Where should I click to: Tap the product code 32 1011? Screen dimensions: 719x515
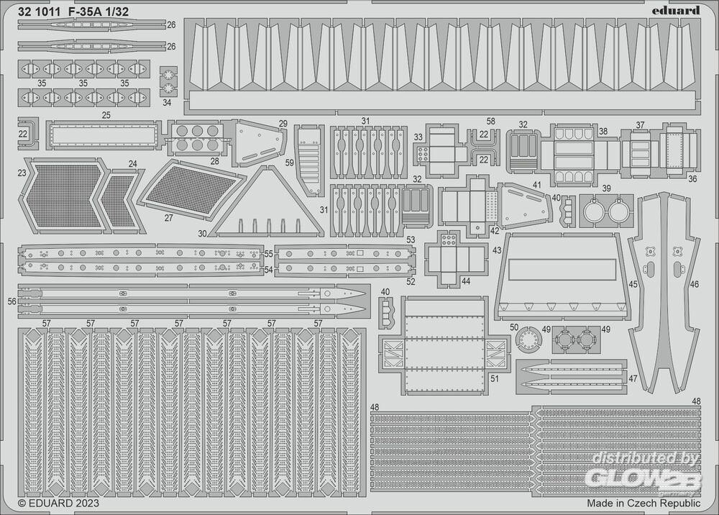point(39,12)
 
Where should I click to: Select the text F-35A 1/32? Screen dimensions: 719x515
point(99,12)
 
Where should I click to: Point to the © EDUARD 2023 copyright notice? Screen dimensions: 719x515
point(58,503)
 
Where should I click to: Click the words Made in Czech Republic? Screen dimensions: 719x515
point(644,503)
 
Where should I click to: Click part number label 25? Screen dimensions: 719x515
point(106,115)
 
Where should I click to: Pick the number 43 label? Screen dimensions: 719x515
point(497,250)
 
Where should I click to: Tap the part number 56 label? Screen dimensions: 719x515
point(12,301)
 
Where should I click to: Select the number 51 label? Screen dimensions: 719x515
point(495,379)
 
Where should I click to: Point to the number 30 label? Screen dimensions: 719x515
point(202,234)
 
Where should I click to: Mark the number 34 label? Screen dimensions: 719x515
point(167,102)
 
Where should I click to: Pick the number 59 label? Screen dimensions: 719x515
point(289,163)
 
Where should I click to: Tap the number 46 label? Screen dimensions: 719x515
point(695,284)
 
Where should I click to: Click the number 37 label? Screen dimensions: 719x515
point(640,124)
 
